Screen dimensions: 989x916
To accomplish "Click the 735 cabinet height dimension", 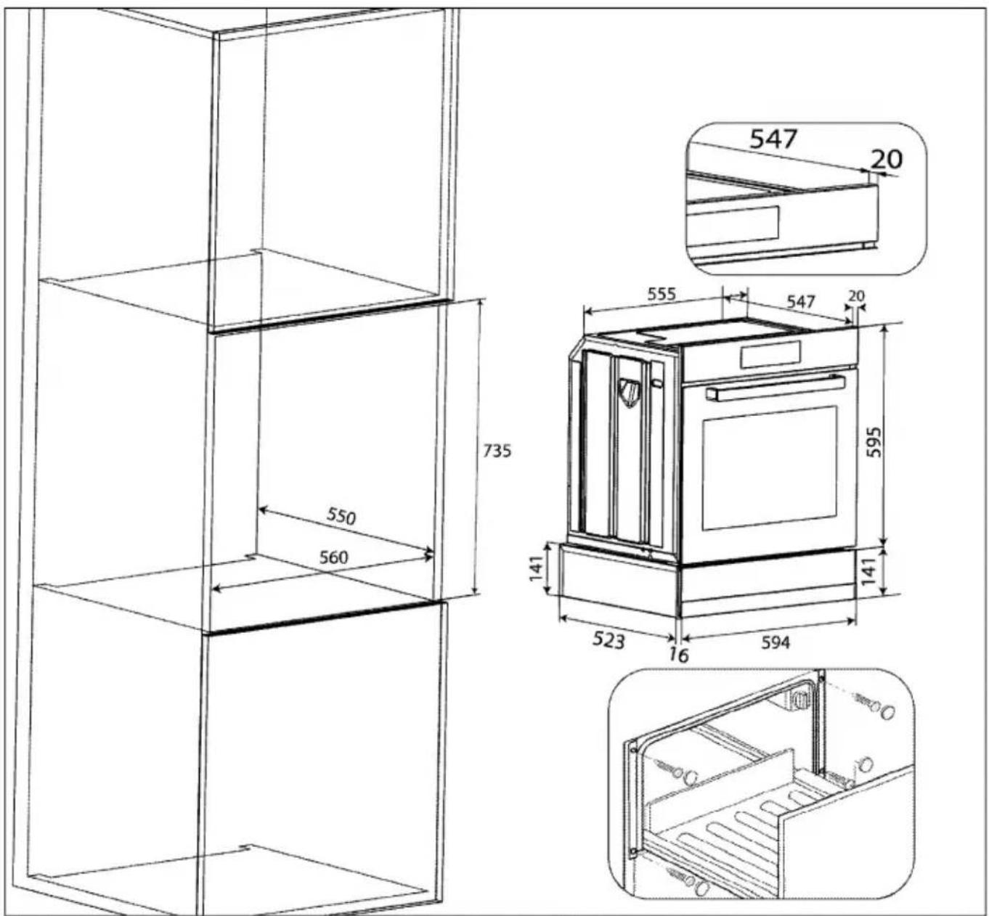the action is coord(497,451).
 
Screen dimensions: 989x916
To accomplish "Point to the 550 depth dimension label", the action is coord(341,517).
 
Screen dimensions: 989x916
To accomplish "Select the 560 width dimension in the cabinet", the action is coord(333,557).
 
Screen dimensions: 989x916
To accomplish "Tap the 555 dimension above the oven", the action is coord(662,294).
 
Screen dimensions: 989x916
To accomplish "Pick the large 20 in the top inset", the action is coord(886,159).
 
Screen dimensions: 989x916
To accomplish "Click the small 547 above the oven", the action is coord(800,301).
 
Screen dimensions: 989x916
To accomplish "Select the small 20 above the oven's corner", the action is coord(856,296).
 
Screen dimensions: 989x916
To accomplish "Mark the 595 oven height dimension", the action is coord(874,441).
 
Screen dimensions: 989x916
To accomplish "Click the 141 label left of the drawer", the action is coord(536,568).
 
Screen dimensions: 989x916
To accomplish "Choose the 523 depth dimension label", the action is coord(608,640).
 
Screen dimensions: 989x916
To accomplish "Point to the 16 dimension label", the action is coord(678,655).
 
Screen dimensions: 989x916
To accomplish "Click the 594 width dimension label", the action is coord(776,643).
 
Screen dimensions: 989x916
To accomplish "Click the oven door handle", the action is coord(776,388).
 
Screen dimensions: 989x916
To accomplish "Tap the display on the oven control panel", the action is coord(770,354).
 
